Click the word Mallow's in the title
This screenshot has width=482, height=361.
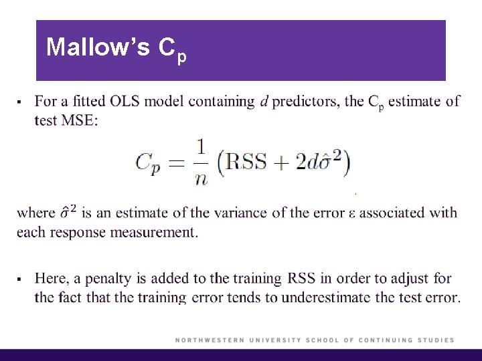pos(98,47)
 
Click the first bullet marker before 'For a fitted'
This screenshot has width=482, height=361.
pos(20,102)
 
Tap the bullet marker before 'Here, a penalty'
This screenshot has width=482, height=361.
pos(20,278)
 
